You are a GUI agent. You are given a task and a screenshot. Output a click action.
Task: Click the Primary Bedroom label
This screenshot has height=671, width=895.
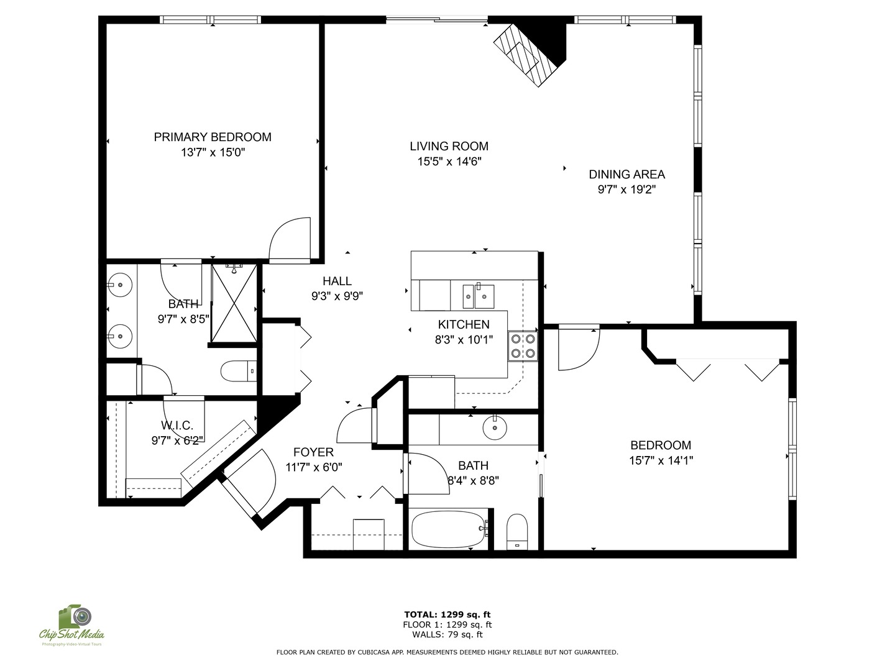coord(213,137)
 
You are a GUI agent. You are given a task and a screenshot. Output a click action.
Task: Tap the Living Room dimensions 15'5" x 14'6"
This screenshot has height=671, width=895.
coord(449,162)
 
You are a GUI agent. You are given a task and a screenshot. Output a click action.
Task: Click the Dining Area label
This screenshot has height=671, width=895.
coord(626,175)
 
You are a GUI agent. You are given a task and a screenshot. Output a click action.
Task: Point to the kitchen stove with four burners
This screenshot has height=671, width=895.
coord(522,346)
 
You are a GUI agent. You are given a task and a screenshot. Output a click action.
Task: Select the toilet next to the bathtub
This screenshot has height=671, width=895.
coord(516,532)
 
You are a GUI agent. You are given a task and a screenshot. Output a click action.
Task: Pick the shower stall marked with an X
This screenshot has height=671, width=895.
coord(234,303)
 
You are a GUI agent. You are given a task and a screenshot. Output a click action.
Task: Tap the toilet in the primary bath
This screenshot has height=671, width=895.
coord(239,371)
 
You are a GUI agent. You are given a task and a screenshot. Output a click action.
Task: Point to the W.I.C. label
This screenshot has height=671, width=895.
coord(177,426)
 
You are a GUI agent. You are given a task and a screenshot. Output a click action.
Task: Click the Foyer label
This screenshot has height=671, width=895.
coord(313,452)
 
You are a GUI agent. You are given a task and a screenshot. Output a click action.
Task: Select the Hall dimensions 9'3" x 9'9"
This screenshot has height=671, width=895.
coord(337,296)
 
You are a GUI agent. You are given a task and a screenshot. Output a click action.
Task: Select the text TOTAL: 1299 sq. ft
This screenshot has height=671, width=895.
coord(447,614)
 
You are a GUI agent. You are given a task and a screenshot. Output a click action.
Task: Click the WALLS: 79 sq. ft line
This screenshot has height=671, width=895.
coord(447,634)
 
